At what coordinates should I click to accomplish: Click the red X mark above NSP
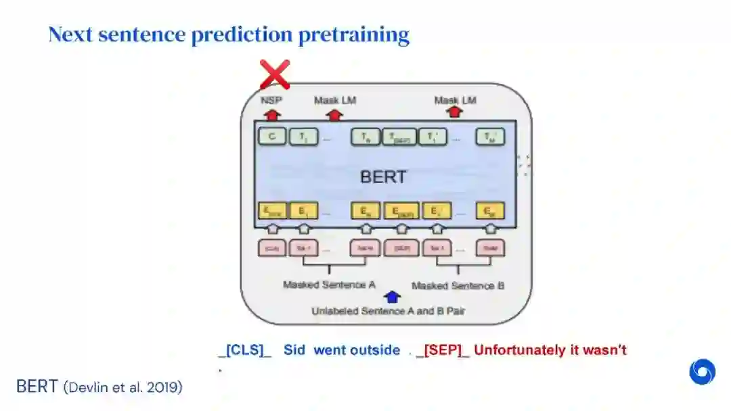[x=275, y=74]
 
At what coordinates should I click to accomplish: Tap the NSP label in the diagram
[x=272, y=101]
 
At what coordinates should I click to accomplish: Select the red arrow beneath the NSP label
[x=272, y=114]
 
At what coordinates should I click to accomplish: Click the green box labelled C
[x=272, y=137]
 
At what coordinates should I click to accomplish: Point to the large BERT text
[x=383, y=177]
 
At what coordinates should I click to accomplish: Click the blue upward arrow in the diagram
[x=392, y=296]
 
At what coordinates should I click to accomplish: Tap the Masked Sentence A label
[x=329, y=285]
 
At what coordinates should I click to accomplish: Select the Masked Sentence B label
[x=458, y=285]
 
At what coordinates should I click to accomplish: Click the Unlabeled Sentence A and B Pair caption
[x=389, y=312]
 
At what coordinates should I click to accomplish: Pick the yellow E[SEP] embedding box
[x=401, y=211]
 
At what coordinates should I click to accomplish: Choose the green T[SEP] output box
[x=400, y=137]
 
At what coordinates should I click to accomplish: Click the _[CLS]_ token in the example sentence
[x=244, y=350]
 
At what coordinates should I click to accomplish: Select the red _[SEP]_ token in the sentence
[x=443, y=350]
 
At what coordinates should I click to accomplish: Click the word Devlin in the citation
[x=87, y=387]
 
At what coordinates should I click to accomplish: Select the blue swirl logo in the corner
[x=703, y=372]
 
